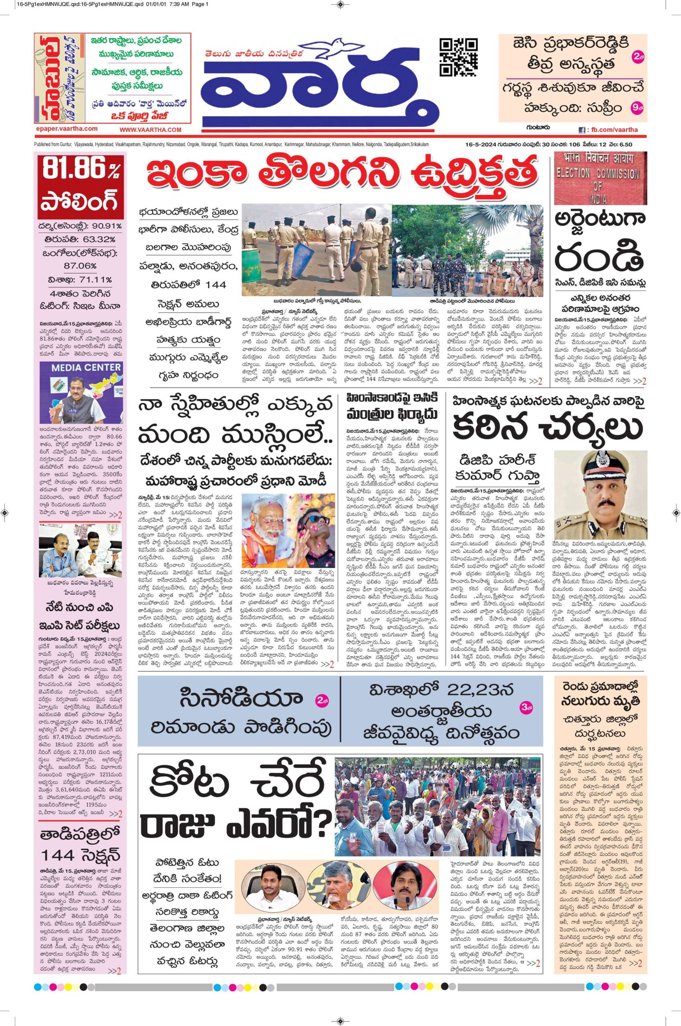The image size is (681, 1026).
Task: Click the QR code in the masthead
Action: [x=459, y=57]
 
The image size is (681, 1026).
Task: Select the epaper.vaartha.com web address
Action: [x=66, y=129]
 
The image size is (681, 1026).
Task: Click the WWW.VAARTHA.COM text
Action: [x=150, y=130]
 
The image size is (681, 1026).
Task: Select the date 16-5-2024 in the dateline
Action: [x=477, y=144]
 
